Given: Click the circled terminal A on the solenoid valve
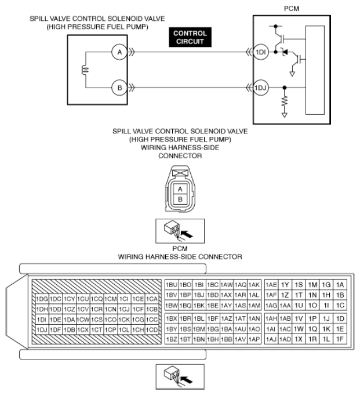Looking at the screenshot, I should pyautogui.click(x=119, y=52).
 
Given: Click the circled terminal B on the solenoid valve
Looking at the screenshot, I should pyautogui.click(x=119, y=88).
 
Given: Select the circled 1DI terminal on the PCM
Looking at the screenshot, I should pyautogui.click(x=261, y=52).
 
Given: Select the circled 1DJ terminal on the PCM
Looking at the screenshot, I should pyautogui.click(x=261, y=88).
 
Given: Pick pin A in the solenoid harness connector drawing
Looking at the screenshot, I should pyautogui.click(x=180, y=189).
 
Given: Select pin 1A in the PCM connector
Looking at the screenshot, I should pyautogui.click(x=340, y=285).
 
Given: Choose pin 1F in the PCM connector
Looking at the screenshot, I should pyautogui.click(x=340, y=338).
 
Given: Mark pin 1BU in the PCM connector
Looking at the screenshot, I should pyautogui.click(x=171, y=285).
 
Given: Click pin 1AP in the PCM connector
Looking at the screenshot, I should pyautogui.click(x=253, y=338).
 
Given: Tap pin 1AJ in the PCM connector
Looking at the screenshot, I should pyautogui.click(x=271, y=338).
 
